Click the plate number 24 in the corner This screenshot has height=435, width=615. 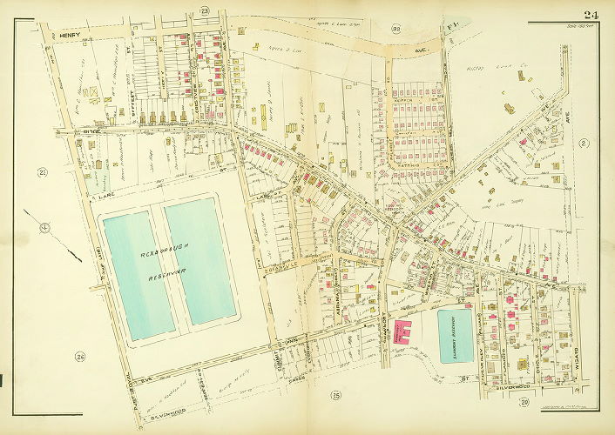point(591,12)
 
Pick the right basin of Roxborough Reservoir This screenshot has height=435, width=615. point(200,261)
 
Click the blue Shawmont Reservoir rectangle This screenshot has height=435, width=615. point(454,334)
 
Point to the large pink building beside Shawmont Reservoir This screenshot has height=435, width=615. point(405,332)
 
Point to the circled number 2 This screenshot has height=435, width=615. point(583,142)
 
